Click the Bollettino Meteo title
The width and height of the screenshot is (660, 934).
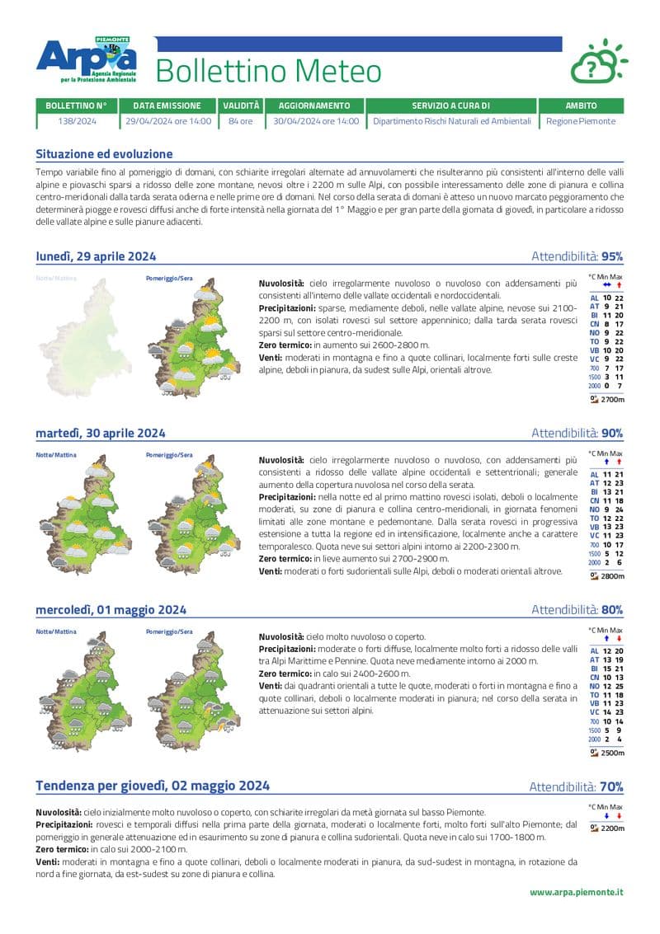(x=268, y=72)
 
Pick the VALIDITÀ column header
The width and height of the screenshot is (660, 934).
(x=240, y=106)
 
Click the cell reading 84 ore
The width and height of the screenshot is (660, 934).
(x=240, y=121)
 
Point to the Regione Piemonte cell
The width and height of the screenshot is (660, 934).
(x=581, y=121)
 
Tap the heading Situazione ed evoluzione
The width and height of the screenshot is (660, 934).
(x=104, y=154)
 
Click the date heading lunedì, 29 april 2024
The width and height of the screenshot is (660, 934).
(x=96, y=256)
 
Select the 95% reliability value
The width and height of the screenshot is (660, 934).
(x=612, y=256)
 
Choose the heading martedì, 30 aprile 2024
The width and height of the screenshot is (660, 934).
(x=101, y=433)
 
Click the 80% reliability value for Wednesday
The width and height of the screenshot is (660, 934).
(x=612, y=610)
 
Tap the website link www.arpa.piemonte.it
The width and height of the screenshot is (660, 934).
(x=576, y=892)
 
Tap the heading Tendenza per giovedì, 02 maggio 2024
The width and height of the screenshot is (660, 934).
(x=153, y=786)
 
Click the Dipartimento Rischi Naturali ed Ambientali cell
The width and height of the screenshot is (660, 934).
(x=451, y=121)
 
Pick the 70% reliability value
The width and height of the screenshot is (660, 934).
(x=611, y=787)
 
